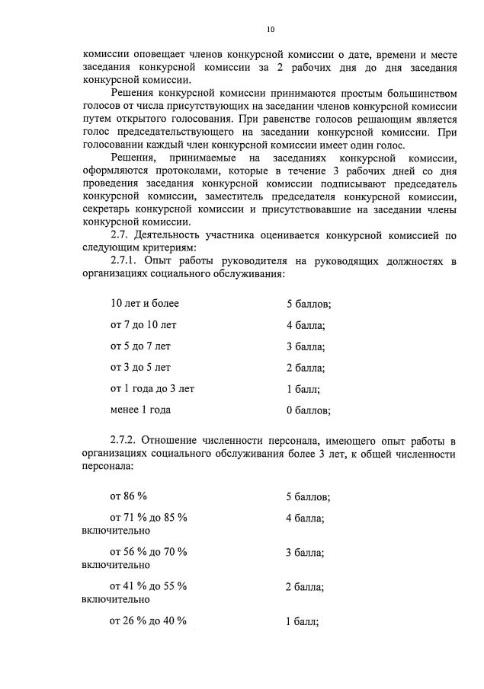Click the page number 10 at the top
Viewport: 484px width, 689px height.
point(270,30)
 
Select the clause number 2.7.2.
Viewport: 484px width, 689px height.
point(126,440)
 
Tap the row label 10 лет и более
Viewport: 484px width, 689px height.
point(145,303)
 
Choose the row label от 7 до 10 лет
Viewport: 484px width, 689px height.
point(143,325)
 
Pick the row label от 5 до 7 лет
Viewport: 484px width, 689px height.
point(141,346)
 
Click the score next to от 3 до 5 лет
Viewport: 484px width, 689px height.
point(305,368)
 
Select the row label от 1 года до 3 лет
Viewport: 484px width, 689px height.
point(152,388)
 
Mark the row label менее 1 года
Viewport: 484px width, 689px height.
point(140,410)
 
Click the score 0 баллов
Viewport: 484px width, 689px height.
point(308,410)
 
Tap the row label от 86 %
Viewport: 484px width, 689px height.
point(128,496)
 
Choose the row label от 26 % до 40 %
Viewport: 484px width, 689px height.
point(149,620)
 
